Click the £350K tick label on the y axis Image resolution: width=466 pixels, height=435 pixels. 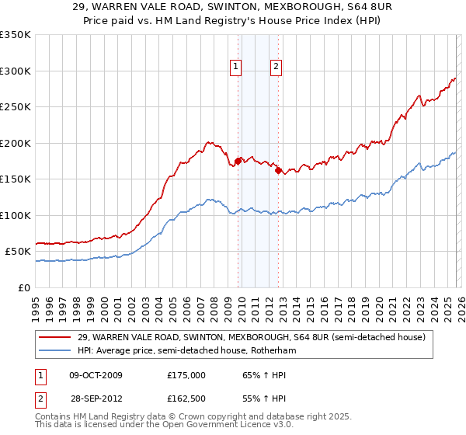tap(16, 35)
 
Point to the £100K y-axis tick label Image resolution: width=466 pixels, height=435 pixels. tap(16, 215)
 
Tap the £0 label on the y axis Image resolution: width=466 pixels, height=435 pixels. tap(24, 287)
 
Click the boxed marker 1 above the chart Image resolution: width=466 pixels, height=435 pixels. tap(236, 68)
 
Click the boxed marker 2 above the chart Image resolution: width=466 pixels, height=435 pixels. tap(276, 68)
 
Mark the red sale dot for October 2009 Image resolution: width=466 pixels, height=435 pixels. tap(238, 161)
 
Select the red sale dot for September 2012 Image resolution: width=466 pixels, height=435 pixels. tap(278, 170)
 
